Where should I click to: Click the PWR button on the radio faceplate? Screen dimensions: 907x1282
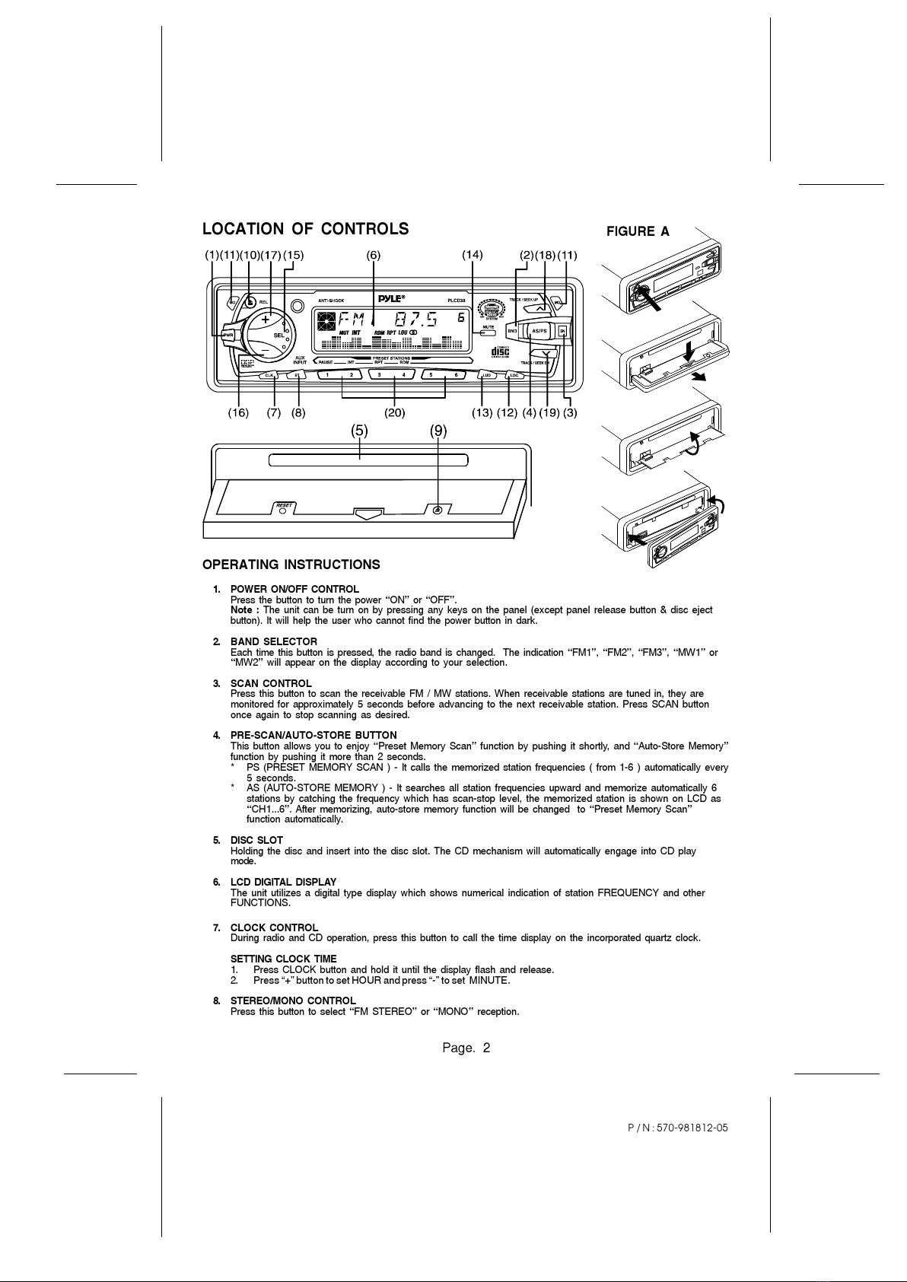[228, 336]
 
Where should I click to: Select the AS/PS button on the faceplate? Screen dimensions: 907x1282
[539, 331]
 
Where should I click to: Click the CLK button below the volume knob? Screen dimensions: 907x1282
[269, 375]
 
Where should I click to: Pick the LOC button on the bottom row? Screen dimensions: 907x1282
[514, 375]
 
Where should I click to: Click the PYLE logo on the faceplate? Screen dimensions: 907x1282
[393, 298]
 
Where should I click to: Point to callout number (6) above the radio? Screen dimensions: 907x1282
[373, 255]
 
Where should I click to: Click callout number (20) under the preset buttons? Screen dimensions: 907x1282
[394, 413]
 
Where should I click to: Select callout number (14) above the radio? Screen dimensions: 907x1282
[473, 255]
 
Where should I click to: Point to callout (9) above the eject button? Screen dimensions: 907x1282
[438, 431]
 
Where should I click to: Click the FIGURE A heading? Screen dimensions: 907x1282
[638, 232]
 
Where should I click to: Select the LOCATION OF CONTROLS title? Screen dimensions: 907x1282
[305, 229]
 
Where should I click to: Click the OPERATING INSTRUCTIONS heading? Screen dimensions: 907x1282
[291, 565]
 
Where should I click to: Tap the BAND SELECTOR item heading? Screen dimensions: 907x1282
[274, 642]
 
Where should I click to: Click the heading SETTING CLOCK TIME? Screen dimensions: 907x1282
[283, 959]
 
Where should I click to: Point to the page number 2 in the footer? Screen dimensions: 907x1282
[485, 1048]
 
